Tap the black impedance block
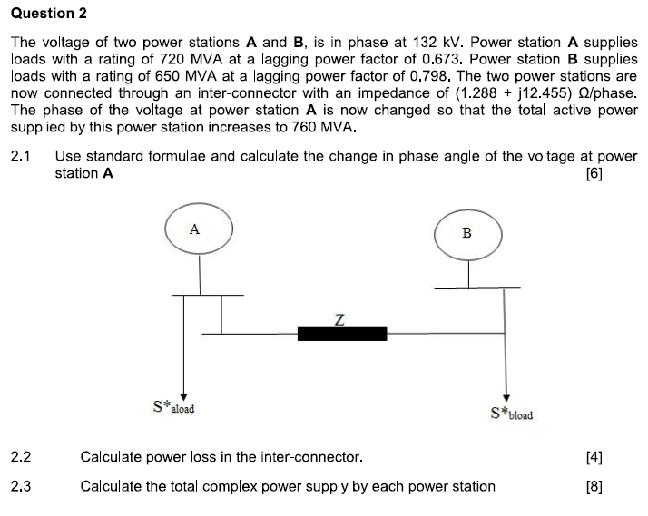[x=342, y=333]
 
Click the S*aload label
[x=173, y=407]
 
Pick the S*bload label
[x=511, y=414]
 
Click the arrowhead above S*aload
[x=184, y=394]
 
